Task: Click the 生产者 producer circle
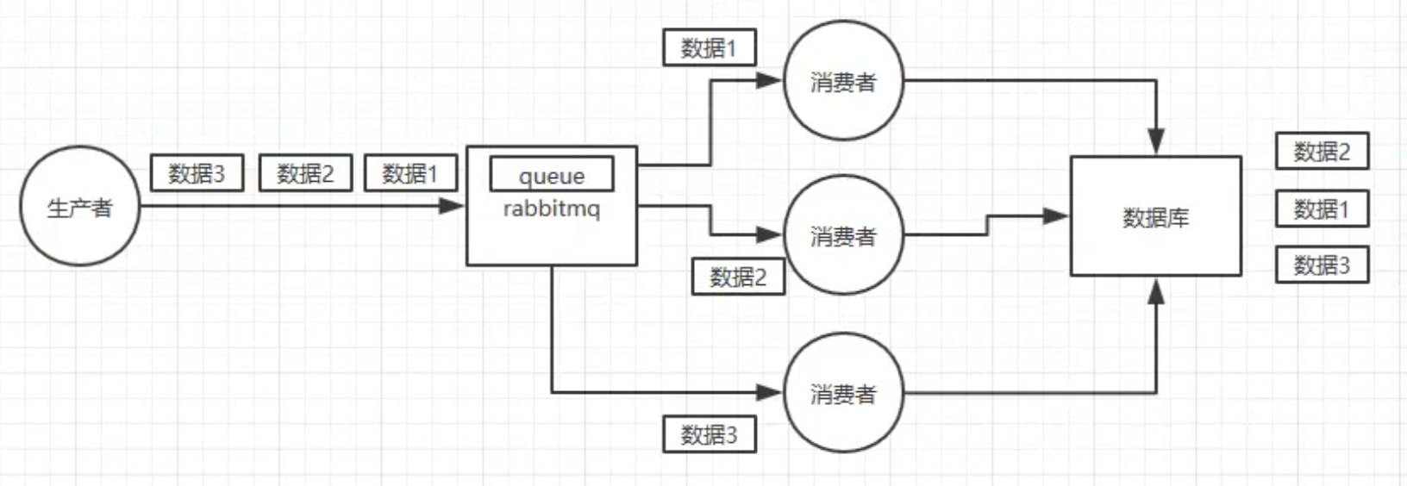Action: [79, 206]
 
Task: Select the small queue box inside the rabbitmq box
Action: [552, 174]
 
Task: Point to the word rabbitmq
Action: [552, 209]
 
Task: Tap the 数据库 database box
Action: [1155, 216]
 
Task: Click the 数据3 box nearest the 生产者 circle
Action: [197, 173]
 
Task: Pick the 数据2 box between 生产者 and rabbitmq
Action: [305, 173]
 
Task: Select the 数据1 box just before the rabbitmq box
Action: [410, 173]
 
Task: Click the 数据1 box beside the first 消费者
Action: [709, 47]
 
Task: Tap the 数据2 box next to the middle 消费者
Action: [738, 277]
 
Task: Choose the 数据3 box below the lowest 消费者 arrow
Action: [709, 434]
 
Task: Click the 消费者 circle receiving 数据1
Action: [843, 81]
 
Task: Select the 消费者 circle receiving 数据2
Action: [843, 235]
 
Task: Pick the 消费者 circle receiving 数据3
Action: [843, 393]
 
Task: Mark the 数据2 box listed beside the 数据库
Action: [1322, 152]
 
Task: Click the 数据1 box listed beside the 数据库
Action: [1322, 209]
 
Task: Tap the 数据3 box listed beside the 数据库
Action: [1322, 265]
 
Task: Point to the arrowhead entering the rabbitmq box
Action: [452, 206]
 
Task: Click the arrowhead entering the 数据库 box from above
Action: [1156, 142]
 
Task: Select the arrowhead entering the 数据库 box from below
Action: [1156, 290]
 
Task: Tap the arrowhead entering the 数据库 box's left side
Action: [1056, 216]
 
